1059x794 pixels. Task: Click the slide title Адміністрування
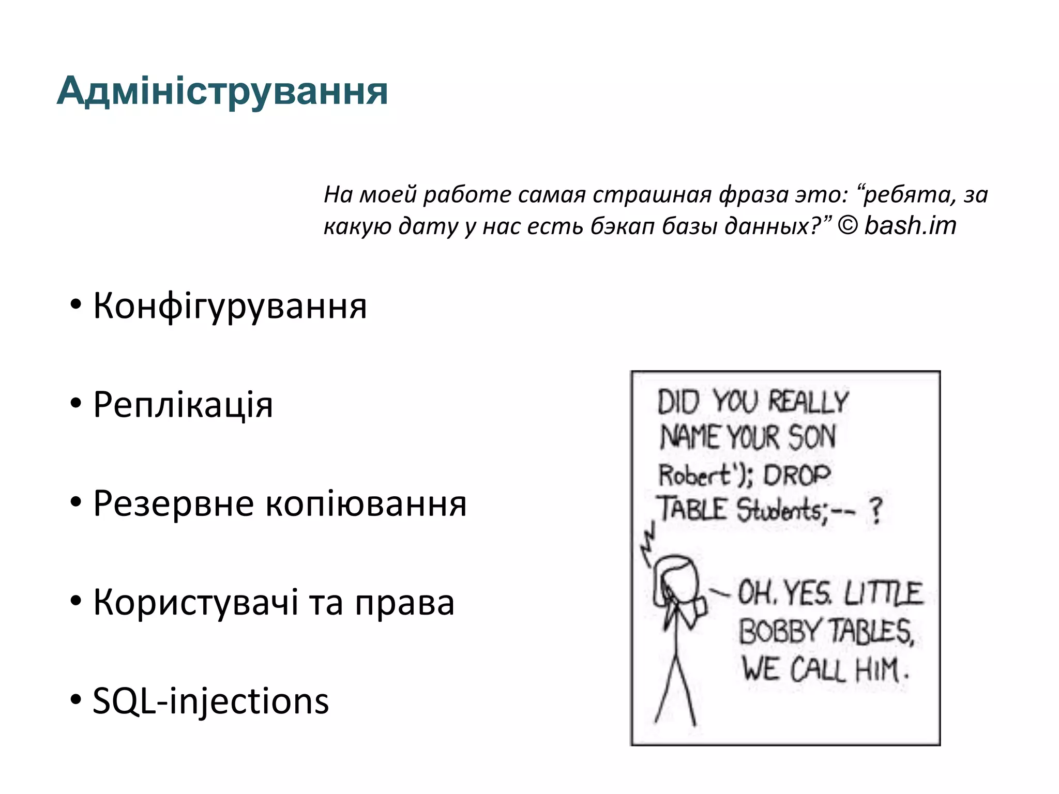tap(222, 91)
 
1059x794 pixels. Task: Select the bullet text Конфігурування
tap(230, 306)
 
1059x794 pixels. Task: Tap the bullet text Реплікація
tap(183, 405)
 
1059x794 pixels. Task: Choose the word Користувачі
tap(195, 603)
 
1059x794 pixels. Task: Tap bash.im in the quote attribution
tap(910, 226)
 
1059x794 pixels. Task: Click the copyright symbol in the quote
tap(847, 226)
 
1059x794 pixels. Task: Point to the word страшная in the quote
tap(652, 195)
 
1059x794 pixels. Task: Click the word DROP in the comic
tap(797, 475)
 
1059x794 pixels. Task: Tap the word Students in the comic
tap(779, 510)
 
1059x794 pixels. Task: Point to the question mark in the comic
tap(875, 511)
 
